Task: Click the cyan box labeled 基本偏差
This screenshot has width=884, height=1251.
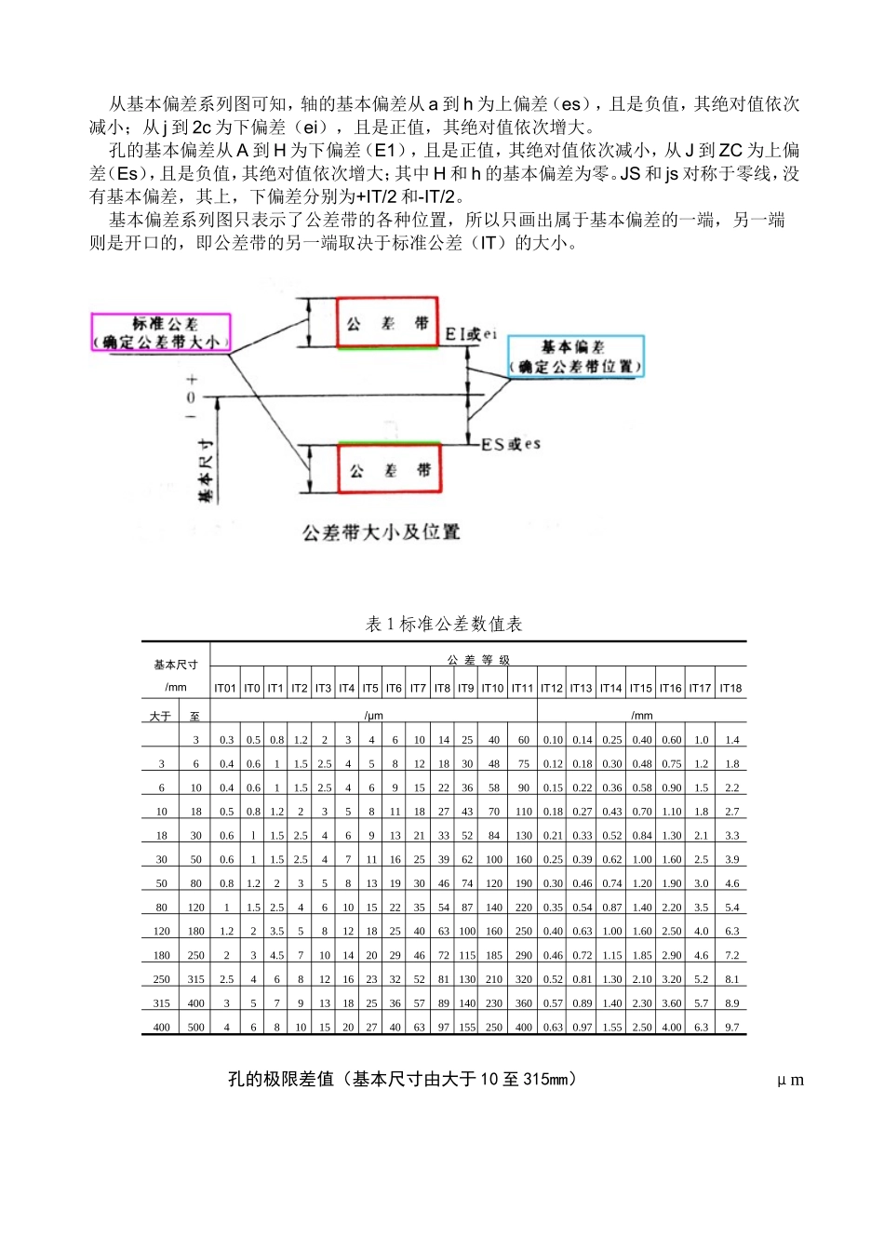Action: click(x=575, y=356)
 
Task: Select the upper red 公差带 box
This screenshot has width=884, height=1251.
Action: click(x=387, y=324)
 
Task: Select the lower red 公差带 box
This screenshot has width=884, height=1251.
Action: click(x=389, y=470)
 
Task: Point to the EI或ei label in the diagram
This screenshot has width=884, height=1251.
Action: click(x=471, y=333)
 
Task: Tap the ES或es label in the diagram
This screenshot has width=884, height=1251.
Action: click(x=510, y=445)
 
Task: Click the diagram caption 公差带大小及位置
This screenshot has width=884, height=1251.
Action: click(x=382, y=532)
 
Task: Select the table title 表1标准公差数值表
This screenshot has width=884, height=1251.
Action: click(x=444, y=625)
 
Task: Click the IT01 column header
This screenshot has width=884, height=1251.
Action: click(x=225, y=689)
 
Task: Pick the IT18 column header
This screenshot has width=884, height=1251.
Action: click(x=730, y=689)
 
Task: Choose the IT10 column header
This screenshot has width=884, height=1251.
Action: click(x=492, y=689)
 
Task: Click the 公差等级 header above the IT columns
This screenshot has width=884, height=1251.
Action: click(x=478, y=660)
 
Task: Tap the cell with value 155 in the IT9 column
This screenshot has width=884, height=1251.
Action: click(x=467, y=1028)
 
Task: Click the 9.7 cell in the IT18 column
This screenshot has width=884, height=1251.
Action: click(x=732, y=1028)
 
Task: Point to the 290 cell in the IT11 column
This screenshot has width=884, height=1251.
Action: click(x=524, y=956)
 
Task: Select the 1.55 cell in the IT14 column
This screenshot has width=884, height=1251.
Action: click(x=611, y=1028)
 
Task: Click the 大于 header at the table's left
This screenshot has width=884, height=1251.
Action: click(x=160, y=717)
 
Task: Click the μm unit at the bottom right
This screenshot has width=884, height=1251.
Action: click(x=791, y=1081)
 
